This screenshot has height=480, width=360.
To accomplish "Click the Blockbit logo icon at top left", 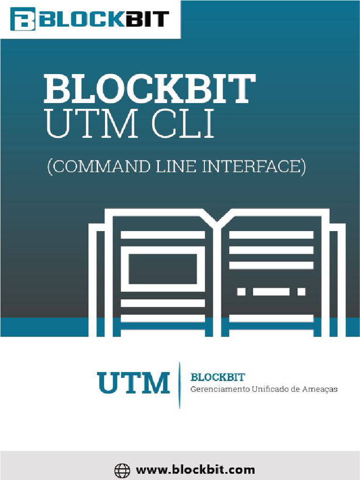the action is click(22, 19).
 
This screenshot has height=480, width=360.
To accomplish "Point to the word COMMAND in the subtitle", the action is click(96, 167).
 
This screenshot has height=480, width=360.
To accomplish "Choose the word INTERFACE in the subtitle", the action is click(253, 167).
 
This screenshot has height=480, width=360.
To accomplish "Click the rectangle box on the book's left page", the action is click(163, 269).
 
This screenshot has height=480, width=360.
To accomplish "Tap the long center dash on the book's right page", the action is click(271, 292).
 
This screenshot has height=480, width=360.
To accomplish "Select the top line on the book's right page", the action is click(271, 235).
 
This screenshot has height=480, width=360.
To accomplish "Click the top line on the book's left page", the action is click(163, 235).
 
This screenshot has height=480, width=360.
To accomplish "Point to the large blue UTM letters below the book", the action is click(133, 382).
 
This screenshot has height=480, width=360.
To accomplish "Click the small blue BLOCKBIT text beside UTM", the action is click(218, 377).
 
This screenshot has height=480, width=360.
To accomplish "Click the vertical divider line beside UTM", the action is click(179, 384).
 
